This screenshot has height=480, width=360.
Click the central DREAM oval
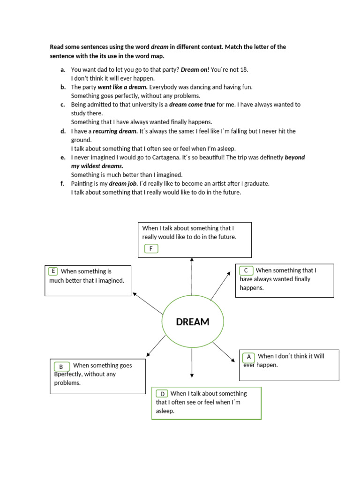(x=192, y=322)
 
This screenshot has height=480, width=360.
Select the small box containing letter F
(x=151, y=248)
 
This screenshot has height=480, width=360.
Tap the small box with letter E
(x=53, y=271)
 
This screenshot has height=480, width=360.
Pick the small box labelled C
(x=246, y=270)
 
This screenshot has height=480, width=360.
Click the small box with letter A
(x=249, y=357)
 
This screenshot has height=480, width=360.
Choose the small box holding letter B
(x=61, y=367)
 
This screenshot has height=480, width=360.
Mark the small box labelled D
(x=162, y=394)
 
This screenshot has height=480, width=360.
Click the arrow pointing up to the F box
(x=192, y=277)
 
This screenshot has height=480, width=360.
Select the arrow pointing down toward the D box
(x=192, y=363)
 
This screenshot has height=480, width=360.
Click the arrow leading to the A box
(x=224, y=352)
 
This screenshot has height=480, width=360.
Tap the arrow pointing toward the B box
(x=156, y=346)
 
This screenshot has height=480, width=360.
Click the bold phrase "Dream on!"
(x=195, y=69)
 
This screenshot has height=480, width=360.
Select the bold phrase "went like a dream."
(x=122, y=87)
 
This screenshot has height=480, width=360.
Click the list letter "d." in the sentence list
(x=63, y=131)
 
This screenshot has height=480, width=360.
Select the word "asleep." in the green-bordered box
(x=165, y=411)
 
